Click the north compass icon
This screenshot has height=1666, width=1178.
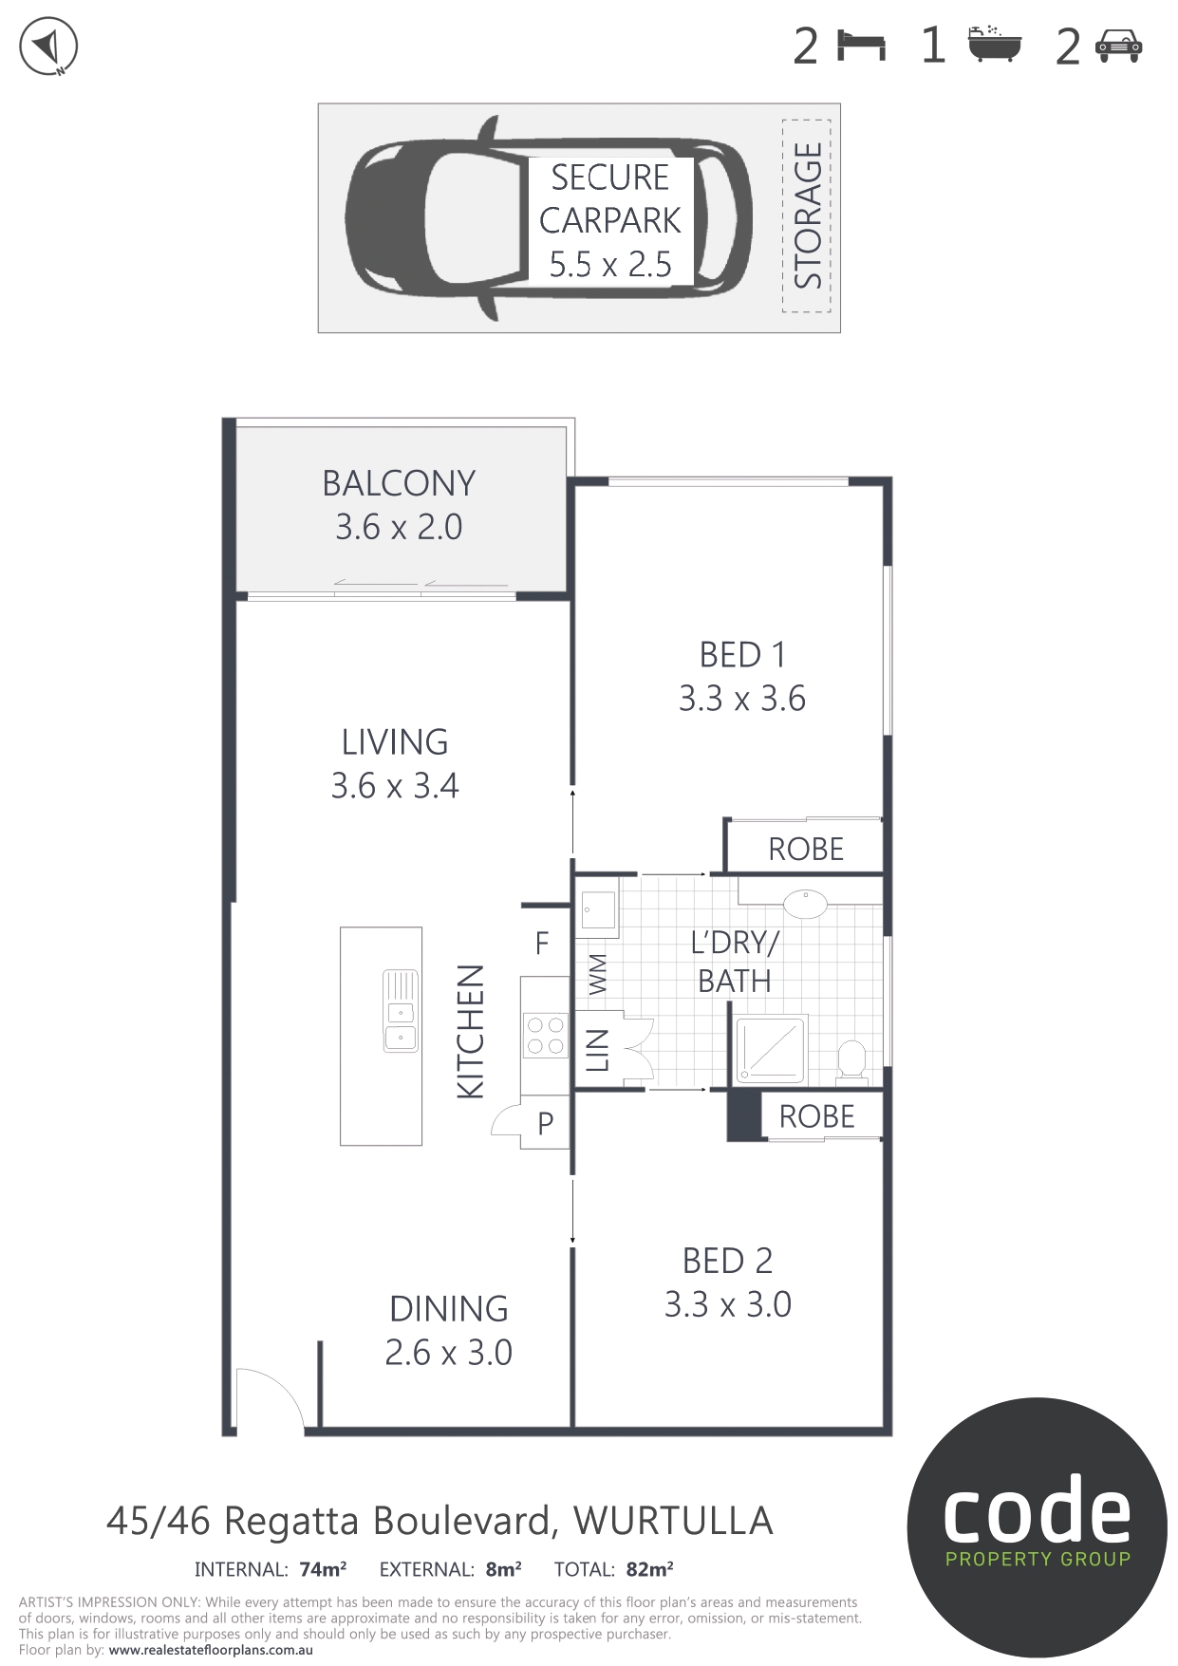[48, 46]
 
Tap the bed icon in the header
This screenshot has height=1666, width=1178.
[862, 46]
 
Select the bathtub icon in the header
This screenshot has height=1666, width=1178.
[995, 44]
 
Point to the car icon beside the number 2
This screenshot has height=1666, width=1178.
[1119, 46]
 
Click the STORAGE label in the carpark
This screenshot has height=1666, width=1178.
[808, 215]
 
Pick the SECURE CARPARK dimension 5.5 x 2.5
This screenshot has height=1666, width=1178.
[610, 264]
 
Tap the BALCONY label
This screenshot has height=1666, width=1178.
[399, 483]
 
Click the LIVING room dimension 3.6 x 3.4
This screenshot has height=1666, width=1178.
[395, 785]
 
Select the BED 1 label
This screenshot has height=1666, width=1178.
[742, 655]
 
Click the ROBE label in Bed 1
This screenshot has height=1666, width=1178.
[806, 849]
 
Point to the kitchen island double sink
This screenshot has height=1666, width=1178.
[401, 1010]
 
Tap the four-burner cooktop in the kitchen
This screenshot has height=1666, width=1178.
[546, 1035]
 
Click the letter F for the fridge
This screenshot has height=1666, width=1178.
[542, 943]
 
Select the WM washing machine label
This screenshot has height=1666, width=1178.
[597, 975]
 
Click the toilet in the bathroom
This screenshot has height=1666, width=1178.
[851, 1062]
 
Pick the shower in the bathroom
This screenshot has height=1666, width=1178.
[771, 1049]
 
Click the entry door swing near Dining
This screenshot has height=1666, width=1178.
[270, 1399]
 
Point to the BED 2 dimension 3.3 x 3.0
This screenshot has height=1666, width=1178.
[728, 1304]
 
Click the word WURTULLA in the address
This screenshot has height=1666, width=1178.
[673, 1521]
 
